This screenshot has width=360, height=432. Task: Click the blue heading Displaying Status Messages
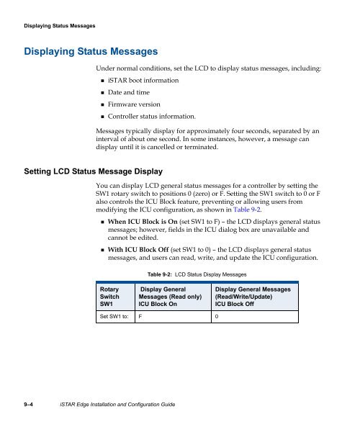[x=91, y=52]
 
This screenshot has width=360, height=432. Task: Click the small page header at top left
[x=55, y=27]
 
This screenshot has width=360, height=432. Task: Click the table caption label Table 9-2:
[x=166, y=296]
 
